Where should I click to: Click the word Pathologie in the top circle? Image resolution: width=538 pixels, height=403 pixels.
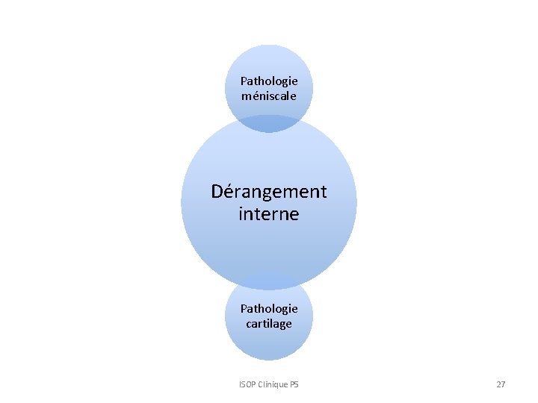click(269, 81)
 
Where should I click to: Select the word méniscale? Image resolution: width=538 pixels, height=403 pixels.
click(269, 96)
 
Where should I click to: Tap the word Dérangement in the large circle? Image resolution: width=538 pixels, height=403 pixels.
click(269, 192)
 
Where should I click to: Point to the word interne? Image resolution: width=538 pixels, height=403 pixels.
click(269, 214)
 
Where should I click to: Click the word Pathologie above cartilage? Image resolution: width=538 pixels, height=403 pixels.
click(269, 308)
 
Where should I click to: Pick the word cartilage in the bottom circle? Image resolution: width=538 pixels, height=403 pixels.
click(269, 323)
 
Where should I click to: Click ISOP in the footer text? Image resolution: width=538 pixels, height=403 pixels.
click(247, 384)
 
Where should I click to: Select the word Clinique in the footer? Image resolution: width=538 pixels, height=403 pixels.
click(272, 384)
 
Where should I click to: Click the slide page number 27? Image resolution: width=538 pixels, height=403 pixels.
click(501, 384)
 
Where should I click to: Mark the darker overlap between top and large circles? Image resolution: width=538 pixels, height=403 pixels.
click(269, 124)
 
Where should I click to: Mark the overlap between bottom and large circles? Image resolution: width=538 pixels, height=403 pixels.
click(269, 282)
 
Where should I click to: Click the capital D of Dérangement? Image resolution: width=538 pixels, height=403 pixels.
click(217, 192)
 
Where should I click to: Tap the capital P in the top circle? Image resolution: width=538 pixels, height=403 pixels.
click(244, 81)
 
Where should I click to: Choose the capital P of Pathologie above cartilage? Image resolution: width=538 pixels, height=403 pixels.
click(244, 308)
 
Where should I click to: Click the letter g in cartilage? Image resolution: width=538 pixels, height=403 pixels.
click(282, 325)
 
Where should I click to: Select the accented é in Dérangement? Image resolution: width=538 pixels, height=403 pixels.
click(229, 192)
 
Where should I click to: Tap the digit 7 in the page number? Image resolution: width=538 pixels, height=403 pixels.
click(503, 384)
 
